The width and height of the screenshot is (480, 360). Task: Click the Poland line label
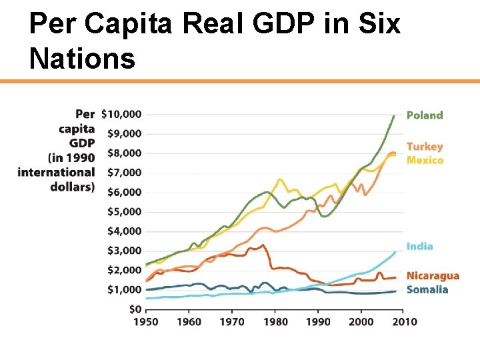[x=425, y=115]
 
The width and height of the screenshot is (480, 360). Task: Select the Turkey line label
[x=425, y=147]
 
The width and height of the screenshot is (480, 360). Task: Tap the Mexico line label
[x=425, y=160]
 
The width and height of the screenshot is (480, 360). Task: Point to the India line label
[x=420, y=246]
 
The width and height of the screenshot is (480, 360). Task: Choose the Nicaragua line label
[x=433, y=276]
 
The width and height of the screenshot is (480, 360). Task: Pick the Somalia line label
[x=427, y=289]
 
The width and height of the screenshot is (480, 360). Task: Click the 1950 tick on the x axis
[x=146, y=322]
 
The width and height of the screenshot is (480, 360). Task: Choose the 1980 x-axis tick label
[x=275, y=322]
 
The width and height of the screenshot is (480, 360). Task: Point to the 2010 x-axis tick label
[x=404, y=322]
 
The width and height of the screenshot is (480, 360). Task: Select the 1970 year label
[x=232, y=322]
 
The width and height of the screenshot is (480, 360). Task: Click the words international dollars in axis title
[x=56, y=179]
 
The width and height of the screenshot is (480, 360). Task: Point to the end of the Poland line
[x=394, y=115]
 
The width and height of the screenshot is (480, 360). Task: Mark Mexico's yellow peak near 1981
[x=279, y=179]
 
